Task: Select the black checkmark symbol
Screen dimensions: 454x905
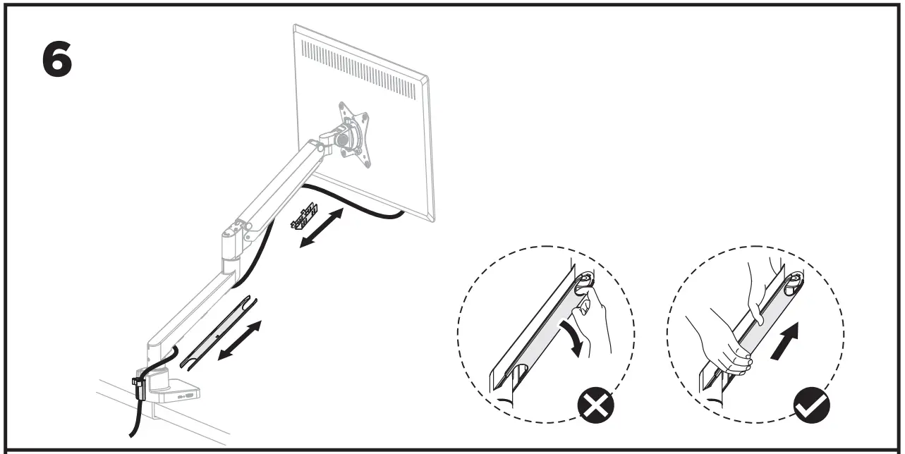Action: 812,404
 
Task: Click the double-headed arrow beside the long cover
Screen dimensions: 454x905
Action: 239,340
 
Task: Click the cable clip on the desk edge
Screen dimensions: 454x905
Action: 138,387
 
